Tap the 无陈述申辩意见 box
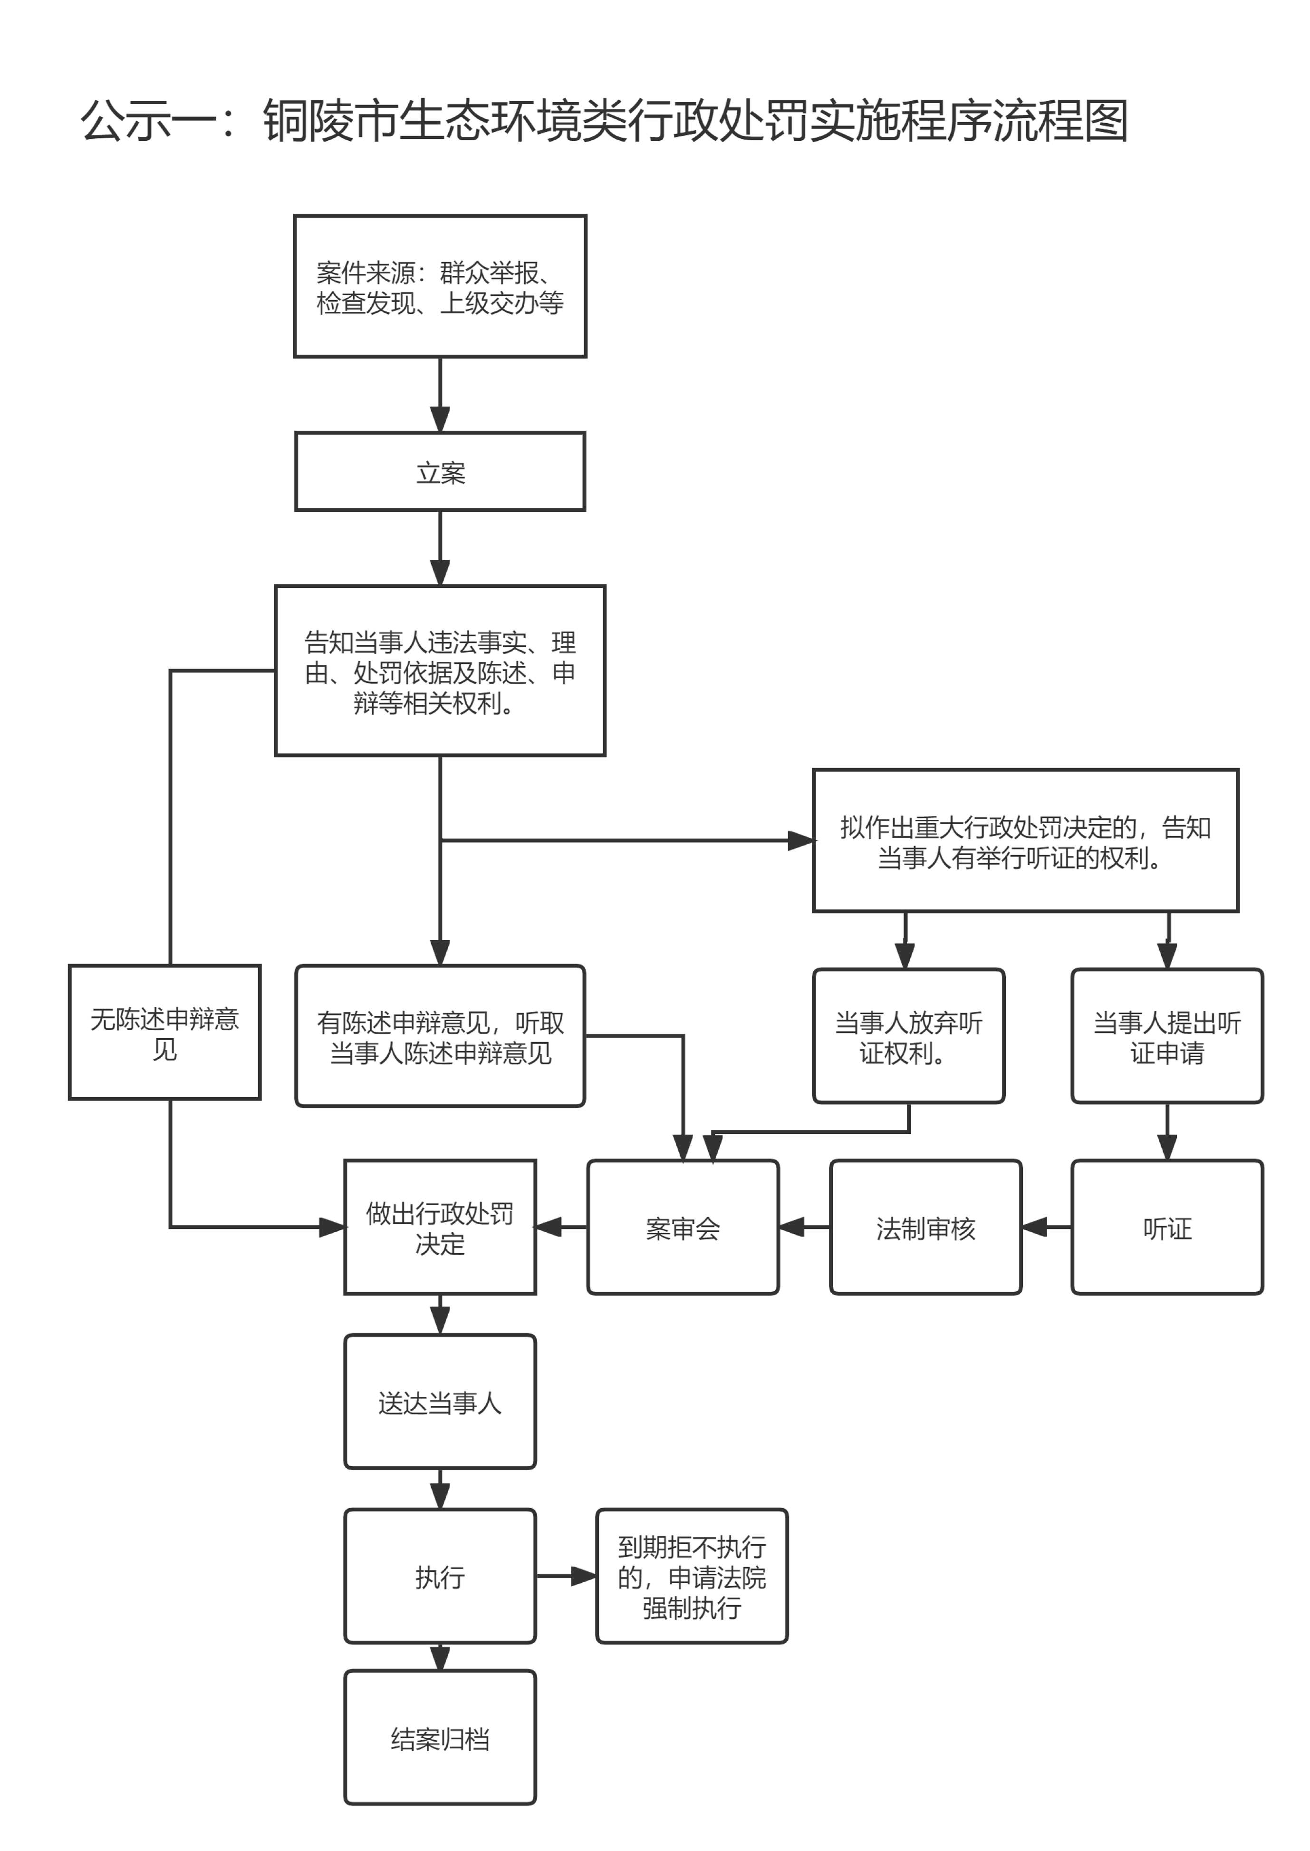(x=164, y=1032)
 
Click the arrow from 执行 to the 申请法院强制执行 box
(x=566, y=1575)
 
